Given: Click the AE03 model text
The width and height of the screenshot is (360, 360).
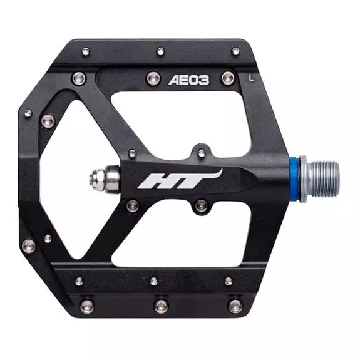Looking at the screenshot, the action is tap(188, 80).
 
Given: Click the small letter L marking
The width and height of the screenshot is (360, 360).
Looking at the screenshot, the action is tap(252, 78).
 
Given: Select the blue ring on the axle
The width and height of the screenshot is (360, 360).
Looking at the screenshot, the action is tap(294, 179).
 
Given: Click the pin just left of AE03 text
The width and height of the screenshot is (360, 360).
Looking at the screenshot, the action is tap(153, 78).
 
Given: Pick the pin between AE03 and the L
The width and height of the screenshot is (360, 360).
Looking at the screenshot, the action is tap(228, 78).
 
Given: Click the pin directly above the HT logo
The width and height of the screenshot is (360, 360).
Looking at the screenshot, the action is tap(202, 152).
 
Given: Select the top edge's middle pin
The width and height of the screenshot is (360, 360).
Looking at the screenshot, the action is tap(160, 51).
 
